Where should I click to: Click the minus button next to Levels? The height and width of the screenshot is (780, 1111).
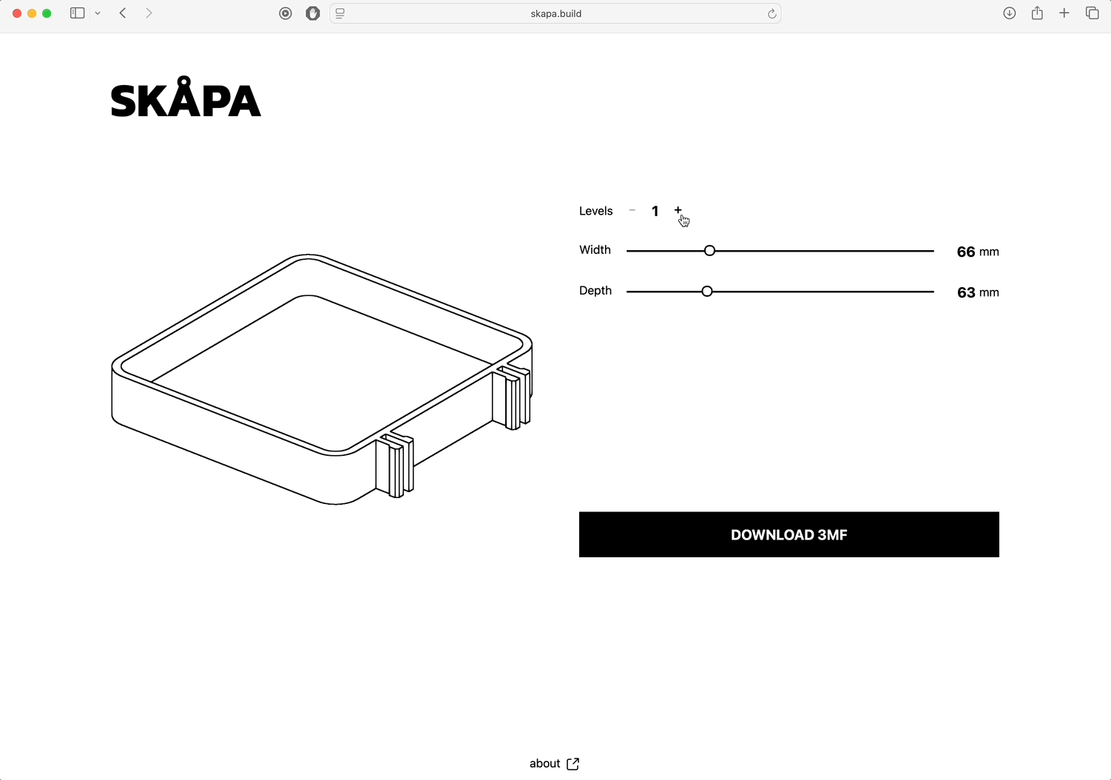click(x=632, y=210)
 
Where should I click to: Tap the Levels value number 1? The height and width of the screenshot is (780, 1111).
click(x=655, y=212)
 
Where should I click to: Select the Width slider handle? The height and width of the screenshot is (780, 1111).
click(x=710, y=251)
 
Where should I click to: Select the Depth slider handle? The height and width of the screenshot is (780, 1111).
click(x=707, y=292)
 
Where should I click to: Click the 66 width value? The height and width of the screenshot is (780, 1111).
click(x=966, y=252)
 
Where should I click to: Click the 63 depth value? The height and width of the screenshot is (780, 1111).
click(x=966, y=292)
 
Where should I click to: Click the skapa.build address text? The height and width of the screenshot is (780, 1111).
click(x=556, y=13)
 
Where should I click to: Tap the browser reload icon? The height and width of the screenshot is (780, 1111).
click(x=771, y=13)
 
